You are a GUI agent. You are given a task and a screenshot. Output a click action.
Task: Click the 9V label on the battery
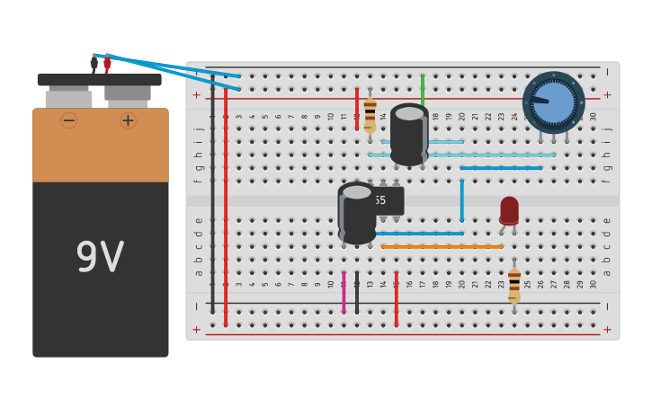coord(100,258)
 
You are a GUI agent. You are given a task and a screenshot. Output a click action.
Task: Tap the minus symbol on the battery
coord(69,120)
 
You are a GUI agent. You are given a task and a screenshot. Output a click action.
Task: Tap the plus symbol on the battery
coord(128,120)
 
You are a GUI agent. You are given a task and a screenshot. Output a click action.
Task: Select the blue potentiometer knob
coord(553,102)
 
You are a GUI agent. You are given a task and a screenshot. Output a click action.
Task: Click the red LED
coord(509,210)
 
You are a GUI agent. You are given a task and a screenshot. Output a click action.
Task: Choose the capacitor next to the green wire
coord(409,135)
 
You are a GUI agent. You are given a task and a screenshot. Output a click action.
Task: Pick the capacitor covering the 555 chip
coord(357,214)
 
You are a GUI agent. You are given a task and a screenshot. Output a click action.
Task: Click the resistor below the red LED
coord(514,285)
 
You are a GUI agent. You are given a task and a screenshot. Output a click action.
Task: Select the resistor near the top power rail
coord(370,115)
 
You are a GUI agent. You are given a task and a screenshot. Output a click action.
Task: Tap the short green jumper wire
coord(422,90)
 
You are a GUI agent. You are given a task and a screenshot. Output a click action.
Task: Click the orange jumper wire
coord(442,246)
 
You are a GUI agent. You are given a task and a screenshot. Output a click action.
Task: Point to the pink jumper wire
coord(344,292)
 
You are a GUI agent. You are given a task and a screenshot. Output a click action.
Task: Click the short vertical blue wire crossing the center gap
coord(461,199)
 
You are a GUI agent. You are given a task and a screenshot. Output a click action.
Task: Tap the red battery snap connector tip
coord(107,63)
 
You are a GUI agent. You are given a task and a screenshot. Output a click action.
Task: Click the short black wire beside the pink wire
coord(357,292)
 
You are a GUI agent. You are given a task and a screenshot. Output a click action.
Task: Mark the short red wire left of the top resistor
coord(356,108)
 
